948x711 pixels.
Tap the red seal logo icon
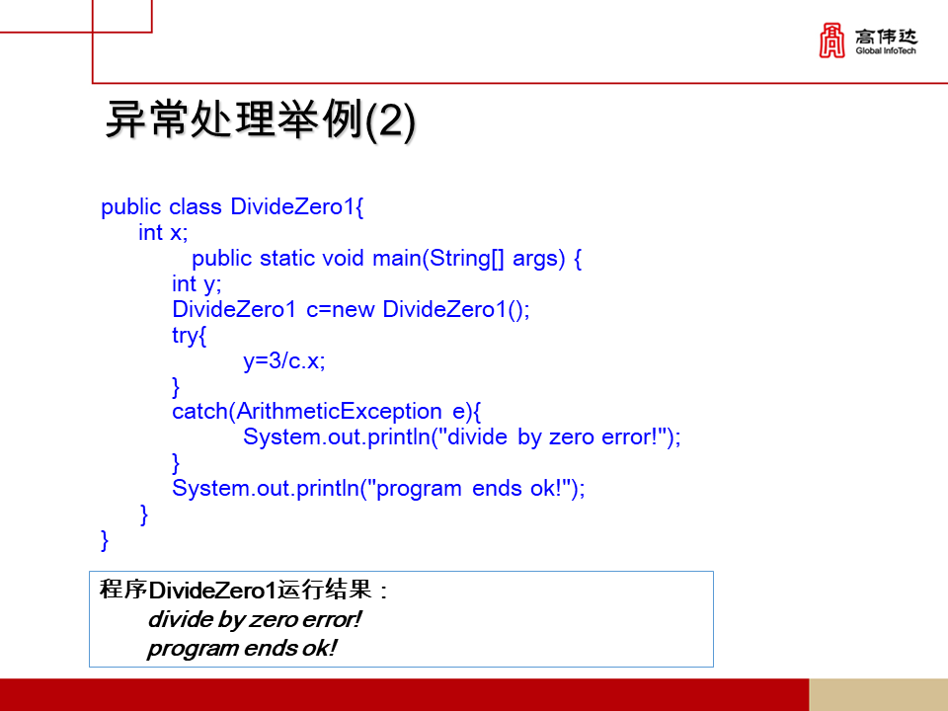pyautogui.click(x=832, y=40)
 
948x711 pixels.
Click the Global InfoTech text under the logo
pyautogui.click(x=886, y=51)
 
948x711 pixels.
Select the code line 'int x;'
pyautogui.click(x=163, y=233)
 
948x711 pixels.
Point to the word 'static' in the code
pyautogui.click(x=287, y=259)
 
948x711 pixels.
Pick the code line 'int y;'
pyautogui.click(x=197, y=284)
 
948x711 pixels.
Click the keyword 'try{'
pyautogui.click(x=189, y=336)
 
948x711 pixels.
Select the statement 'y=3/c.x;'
pyautogui.click(x=284, y=361)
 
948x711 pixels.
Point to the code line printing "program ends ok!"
pyautogui.click(x=378, y=489)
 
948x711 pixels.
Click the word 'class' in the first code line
pyautogui.click(x=197, y=207)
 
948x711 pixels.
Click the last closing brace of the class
pyautogui.click(x=106, y=539)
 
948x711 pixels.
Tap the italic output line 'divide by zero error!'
pyautogui.click(x=254, y=620)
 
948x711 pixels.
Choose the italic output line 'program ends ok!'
pyautogui.click(x=242, y=649)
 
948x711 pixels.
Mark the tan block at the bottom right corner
pyautogui.click(x=878, y=694)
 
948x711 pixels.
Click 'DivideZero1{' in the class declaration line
pyautogui.click(x=298, y=207)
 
